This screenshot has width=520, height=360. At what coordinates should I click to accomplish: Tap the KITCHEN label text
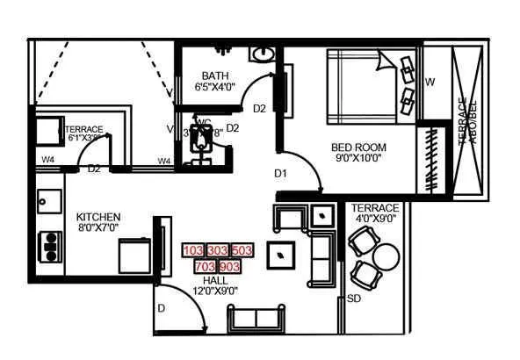click(x=97, y=217)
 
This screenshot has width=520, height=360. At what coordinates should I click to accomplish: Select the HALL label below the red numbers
click(x=215, y=280)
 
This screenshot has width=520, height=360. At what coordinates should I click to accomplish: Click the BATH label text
click(x=214, y=76)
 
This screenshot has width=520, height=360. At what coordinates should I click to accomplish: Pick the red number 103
click(x=192, y=251)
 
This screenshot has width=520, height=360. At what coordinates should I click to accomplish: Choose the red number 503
click(x=242, y=251)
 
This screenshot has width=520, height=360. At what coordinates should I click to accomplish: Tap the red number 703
click(x=205, y=266)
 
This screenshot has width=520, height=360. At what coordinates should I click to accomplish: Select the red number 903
click(x=229, y=266)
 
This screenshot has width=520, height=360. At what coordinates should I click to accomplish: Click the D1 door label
click(x=280, y=173)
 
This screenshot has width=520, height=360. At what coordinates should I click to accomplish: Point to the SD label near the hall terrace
click(x=354, y=299)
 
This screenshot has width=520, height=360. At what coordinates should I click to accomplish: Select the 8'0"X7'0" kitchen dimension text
click(x=97, y=228)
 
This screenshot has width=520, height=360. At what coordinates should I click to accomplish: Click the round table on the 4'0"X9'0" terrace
click(x=386, y=257)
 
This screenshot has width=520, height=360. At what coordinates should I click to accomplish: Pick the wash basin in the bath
click(x=261, y=54)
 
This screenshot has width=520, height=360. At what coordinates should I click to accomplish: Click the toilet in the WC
click(x=204, y=138)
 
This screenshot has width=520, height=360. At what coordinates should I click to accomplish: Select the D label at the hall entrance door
click(x=162, y=308)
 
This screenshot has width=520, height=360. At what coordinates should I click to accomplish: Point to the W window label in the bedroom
click(x=430, y=83)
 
